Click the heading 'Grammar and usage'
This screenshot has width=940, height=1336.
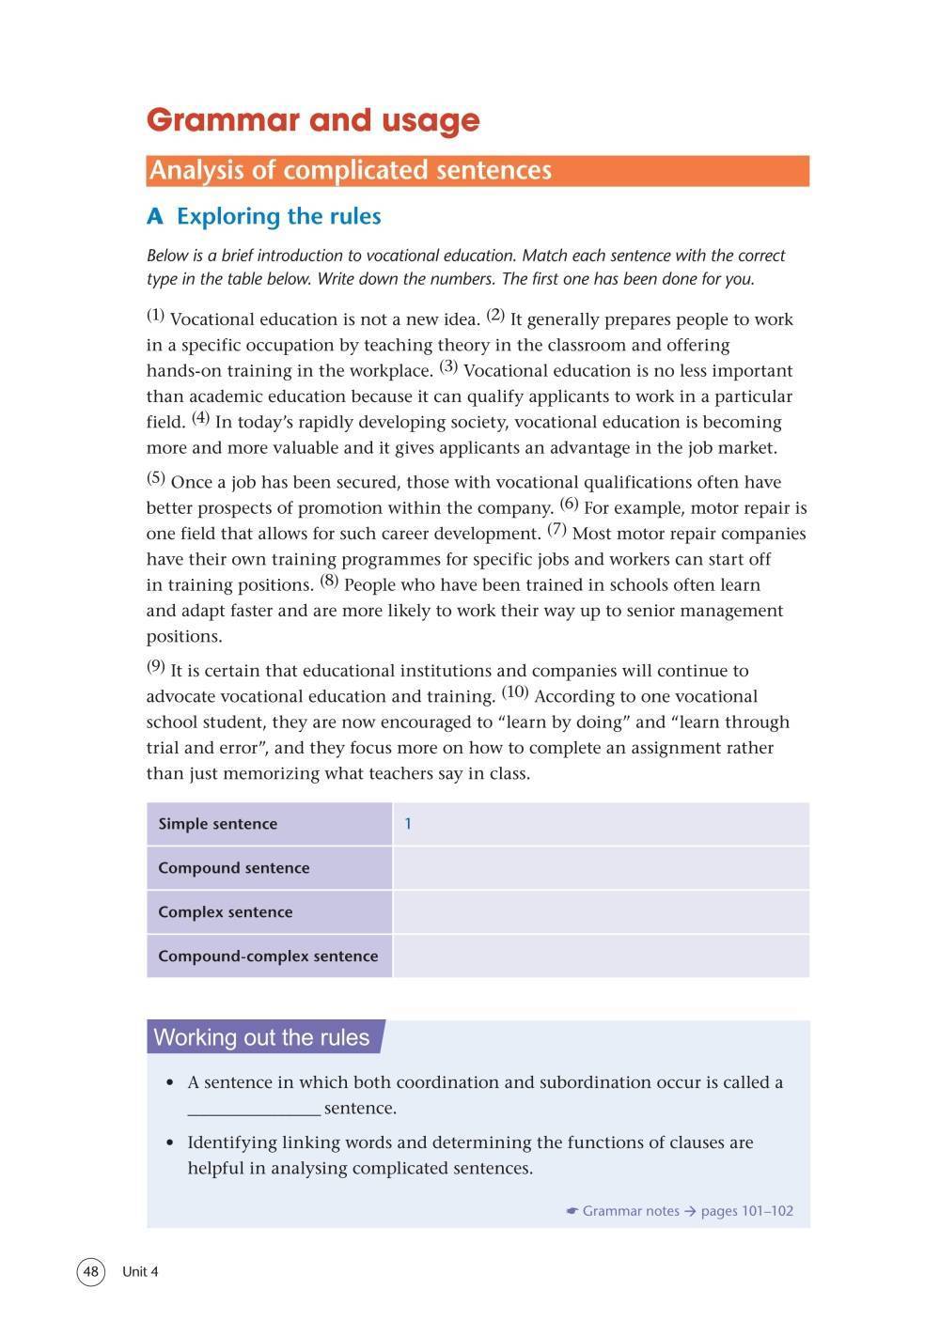(313, 120)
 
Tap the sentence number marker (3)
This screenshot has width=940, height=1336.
(448, 366)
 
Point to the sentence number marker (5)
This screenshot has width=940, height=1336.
(156, 477)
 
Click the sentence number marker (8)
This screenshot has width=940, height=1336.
(329, 580)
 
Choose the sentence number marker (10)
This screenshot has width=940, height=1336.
(515, 692)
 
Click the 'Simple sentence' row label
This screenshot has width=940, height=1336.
(217, 824)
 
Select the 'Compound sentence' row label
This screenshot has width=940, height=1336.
(233, 868)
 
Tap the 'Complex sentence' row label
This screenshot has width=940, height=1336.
(225, 912)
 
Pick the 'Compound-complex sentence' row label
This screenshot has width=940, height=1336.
(268, 956)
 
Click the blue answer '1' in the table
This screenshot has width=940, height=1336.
(408, 824)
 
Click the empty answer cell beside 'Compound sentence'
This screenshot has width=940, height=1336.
(601, 868)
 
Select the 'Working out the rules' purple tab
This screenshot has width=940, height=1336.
(262, 1037)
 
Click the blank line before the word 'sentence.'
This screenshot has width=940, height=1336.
(254, 1110)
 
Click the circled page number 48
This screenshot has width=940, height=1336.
(90, 1272)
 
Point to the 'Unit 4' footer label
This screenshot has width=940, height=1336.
(140, 1272)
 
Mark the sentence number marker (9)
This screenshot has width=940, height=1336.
(156, 666)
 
